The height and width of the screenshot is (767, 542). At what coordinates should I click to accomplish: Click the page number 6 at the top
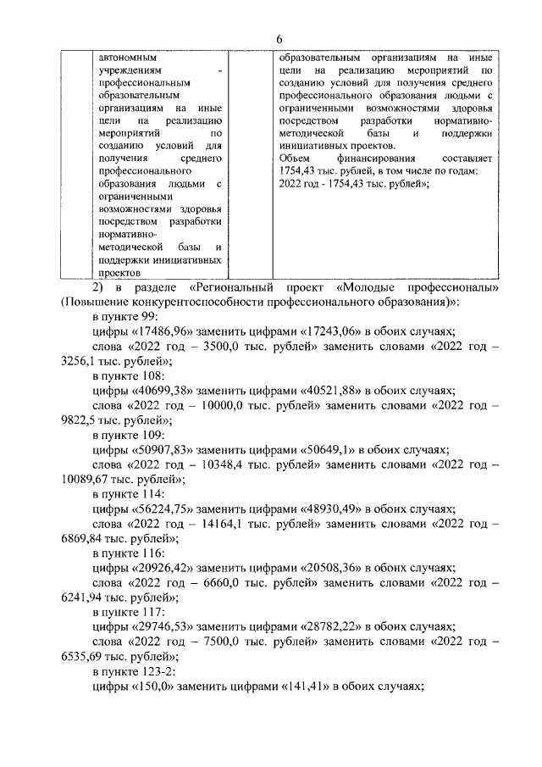click(278, 41)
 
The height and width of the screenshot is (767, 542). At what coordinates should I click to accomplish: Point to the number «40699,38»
click(160, 392)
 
